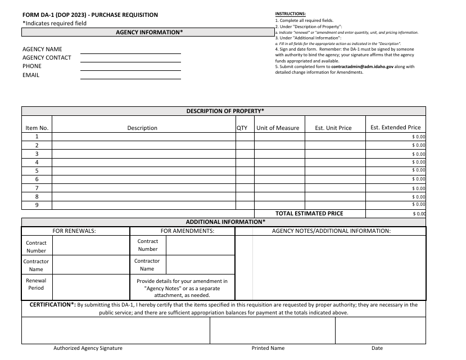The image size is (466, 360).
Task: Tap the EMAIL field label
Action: pyautogui.click(x=31, y=75)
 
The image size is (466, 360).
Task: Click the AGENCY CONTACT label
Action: pyautogui.click(x=47, y=57)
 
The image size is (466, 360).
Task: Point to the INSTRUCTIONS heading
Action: pyautogui.click(x=291, y=13)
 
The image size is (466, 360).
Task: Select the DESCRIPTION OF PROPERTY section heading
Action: pyautogui.click(x=225, y=111)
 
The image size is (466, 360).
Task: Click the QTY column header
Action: pyautogui.click(x=242, y=128)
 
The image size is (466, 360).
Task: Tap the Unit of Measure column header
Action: pyautogui.click(x=278, y=128)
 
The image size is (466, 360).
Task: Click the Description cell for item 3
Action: pyautogui.click(x=143, y=154)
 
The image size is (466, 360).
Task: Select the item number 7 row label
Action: pyautogui.click(x=37, y=188)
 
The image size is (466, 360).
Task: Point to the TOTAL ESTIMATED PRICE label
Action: pyautogui.click(x=309, y=214)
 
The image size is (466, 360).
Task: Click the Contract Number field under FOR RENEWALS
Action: pyautogui.click(x=91, y=246)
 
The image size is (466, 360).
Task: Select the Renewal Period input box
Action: pyautogui.click(x=91, y=285)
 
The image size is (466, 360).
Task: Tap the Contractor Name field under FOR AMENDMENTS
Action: pyautogui.click(x=200, y=264)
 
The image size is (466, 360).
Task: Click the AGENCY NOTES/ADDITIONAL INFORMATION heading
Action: pyautogui.click(x=331, y=231)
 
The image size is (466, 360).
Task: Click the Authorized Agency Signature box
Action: pyautogui.click(x=115, y=330)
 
